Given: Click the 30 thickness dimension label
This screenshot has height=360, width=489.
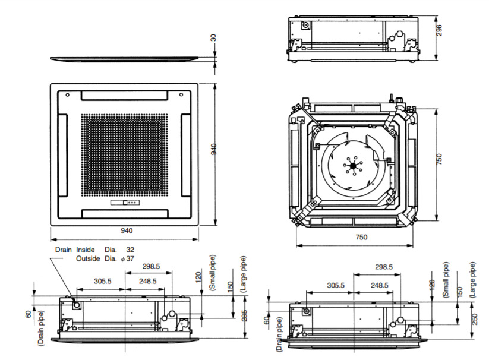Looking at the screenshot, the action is point(214,37).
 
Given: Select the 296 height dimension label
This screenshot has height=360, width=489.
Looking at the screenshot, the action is point(438,30).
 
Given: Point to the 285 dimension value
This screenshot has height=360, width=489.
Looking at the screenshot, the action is point(244,315).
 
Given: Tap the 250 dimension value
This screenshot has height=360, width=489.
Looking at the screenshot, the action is point(474,319).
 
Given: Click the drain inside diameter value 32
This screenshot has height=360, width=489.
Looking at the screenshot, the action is point(130,250).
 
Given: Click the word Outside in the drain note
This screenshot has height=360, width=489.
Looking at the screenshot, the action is point(88,258).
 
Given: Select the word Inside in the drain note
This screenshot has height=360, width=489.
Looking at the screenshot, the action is point(85,250).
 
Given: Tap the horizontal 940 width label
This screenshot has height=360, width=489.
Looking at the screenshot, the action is point(127,230).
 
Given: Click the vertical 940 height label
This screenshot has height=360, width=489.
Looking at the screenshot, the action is point(214,149).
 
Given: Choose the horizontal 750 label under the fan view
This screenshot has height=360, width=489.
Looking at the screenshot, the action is point(361,237).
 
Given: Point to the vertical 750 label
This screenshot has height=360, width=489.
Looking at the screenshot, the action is point(438,159).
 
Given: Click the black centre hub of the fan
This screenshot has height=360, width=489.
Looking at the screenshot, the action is point(353,166).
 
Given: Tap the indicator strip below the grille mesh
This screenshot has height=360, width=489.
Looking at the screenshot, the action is point(125,203).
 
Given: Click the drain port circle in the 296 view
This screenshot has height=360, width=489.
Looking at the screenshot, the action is point(306,25).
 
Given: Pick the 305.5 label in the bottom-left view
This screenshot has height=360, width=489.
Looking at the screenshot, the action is point(103,281).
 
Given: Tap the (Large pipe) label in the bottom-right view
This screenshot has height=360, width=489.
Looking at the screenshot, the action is point(473,280).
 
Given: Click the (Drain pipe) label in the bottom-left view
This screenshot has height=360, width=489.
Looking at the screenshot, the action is point(41,328).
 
